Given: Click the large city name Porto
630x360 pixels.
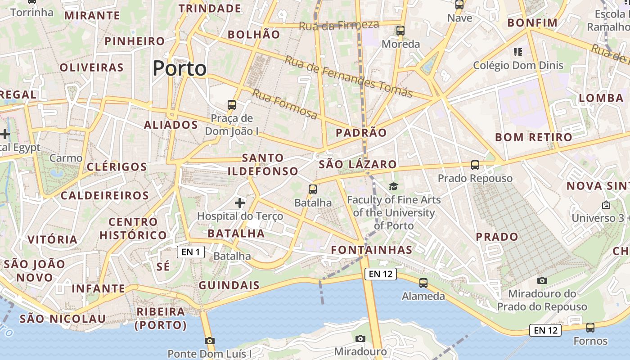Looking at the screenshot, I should tap(180, 68).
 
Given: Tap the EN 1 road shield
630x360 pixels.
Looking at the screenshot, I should tap(191, 252).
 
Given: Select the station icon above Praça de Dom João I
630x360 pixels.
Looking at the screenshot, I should tap(232, 105).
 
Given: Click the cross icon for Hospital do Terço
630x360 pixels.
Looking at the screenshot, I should tap(240, 203).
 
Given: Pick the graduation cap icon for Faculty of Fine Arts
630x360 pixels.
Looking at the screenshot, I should tap(393, 186).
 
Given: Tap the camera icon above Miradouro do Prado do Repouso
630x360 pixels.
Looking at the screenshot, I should tap(542, 280).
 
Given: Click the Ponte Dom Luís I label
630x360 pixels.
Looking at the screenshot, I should tap(209, 354).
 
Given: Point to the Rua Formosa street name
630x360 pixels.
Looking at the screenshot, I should tap(284, 104).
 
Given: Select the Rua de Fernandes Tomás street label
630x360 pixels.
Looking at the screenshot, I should tap(349, 77).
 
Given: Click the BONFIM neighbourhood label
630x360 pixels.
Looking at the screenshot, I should tap(532, 22).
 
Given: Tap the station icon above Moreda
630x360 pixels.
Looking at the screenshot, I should tap(400, 31).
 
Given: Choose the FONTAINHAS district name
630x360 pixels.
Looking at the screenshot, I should tap(372, 250).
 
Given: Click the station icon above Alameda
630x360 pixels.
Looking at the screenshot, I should tap(423, 283).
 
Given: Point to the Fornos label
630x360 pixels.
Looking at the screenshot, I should tap(590, 341).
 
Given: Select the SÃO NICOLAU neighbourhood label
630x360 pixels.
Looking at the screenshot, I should tap(63, 319).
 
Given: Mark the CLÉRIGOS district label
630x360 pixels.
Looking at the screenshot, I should tap(117, 167).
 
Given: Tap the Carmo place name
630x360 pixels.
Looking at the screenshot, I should tap(66, 158).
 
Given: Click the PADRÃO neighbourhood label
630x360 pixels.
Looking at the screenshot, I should tap(361, 133).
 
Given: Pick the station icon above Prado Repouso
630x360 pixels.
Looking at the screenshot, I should tap(475, 165).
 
